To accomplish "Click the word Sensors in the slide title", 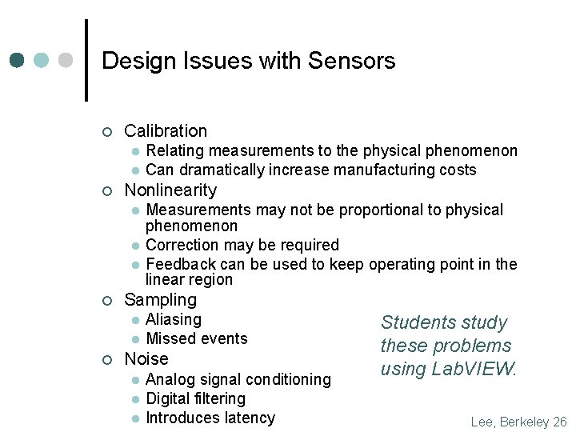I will click(x=352, y=61).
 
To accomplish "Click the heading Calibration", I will click(x=166, y=130).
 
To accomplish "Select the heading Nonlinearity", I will click(x=170, y=190).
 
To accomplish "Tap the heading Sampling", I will click(x=160, y=299).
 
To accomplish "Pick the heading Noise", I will click(x=146, y=358).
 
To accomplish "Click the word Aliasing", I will click(x=174, y=319).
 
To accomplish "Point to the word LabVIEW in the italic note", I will click(x=474, y=369).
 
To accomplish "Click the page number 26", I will click(x=560, y=422).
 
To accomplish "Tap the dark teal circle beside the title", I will click(x=18, y=61).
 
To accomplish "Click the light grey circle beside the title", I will click(x=66, y=61).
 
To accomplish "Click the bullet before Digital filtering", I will click(x=137, y=398).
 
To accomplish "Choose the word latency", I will click(x=249, y=418).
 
